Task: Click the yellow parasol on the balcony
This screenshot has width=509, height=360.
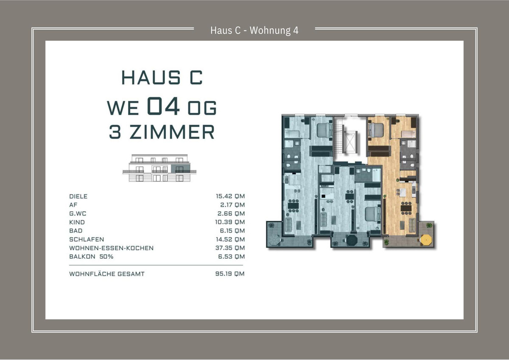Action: [x=425, y=240]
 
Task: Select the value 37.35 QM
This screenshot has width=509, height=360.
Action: [x=230, y=248]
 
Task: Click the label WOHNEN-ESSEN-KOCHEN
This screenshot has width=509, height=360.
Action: [x=111, y=248]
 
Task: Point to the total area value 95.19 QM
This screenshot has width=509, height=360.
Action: [x=230, y=273]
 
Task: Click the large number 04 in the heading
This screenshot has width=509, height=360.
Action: [x=163, y=106]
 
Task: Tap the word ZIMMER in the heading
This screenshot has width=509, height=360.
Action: [x=172, y=132]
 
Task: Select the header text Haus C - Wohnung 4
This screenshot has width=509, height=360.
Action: [x=254, y=31]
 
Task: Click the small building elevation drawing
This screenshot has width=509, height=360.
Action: [x=159, y=168]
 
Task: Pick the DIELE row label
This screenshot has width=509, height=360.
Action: [x=78, y=196]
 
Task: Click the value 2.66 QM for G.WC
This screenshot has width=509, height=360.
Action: [x=231, y=214]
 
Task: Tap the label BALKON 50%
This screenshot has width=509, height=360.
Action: [x=91, y=257]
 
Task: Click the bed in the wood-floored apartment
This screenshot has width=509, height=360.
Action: [x=376, y=130]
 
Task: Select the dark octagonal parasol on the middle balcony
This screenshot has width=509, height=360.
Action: [x=352, y=240]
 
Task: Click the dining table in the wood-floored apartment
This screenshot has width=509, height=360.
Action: [x=406, y=208]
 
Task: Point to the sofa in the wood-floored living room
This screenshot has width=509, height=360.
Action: [x=412, y=225]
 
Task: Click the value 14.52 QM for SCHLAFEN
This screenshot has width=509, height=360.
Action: [x=230, y=239]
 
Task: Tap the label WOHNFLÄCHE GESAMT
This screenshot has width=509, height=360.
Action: [x=107, y=274]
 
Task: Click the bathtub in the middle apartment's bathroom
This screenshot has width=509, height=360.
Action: [x=376, y=175]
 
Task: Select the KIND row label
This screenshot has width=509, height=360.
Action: [x=77, y=222]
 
